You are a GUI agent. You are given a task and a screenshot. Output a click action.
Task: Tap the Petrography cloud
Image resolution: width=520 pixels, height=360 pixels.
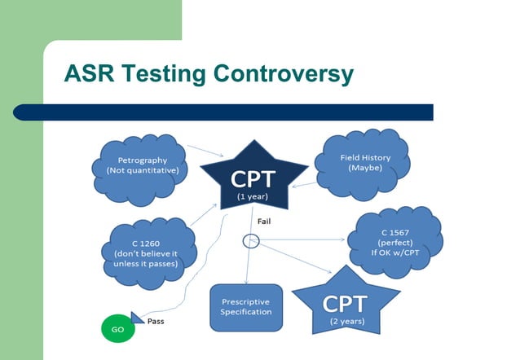click(x=141, y=165)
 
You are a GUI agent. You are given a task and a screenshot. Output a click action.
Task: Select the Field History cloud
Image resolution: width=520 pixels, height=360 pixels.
click(x=364, y=162)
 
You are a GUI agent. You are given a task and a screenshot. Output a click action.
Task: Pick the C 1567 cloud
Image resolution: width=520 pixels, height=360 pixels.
click(x=394, y=242)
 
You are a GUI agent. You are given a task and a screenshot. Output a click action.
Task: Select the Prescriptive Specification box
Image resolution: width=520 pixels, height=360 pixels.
click(x=245, y=307)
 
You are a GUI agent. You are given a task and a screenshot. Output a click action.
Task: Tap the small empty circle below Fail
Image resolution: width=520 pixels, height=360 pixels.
click(x=251, y=240)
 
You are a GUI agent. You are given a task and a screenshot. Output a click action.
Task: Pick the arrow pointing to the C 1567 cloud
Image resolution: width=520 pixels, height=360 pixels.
click(x=302, y=240)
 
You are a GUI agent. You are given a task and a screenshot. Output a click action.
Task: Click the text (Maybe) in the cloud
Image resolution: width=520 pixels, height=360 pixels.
click(x=365, y=168)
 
